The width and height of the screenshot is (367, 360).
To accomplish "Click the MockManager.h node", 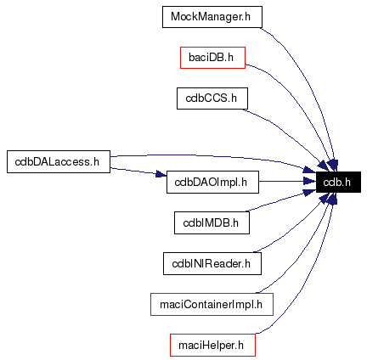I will point(212,17).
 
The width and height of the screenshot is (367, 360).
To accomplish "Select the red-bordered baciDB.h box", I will point(212,58).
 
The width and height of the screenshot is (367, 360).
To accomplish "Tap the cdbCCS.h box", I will point(212,98).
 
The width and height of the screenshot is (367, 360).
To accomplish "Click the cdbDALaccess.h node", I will point(59,160).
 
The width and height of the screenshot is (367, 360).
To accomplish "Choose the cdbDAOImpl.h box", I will point(212,181).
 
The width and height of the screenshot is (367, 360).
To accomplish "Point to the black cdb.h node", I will point(338,181).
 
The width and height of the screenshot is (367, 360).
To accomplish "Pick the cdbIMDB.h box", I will point(212,222).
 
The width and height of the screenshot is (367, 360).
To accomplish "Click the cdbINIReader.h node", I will point(212,263).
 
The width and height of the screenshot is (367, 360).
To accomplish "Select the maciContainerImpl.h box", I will point(212,304).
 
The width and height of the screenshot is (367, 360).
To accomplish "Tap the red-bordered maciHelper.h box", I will point(212,345).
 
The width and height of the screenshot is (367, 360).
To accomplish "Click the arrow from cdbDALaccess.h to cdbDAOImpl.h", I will point(136,171).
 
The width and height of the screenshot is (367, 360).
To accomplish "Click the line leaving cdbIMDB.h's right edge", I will point(272,207).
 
